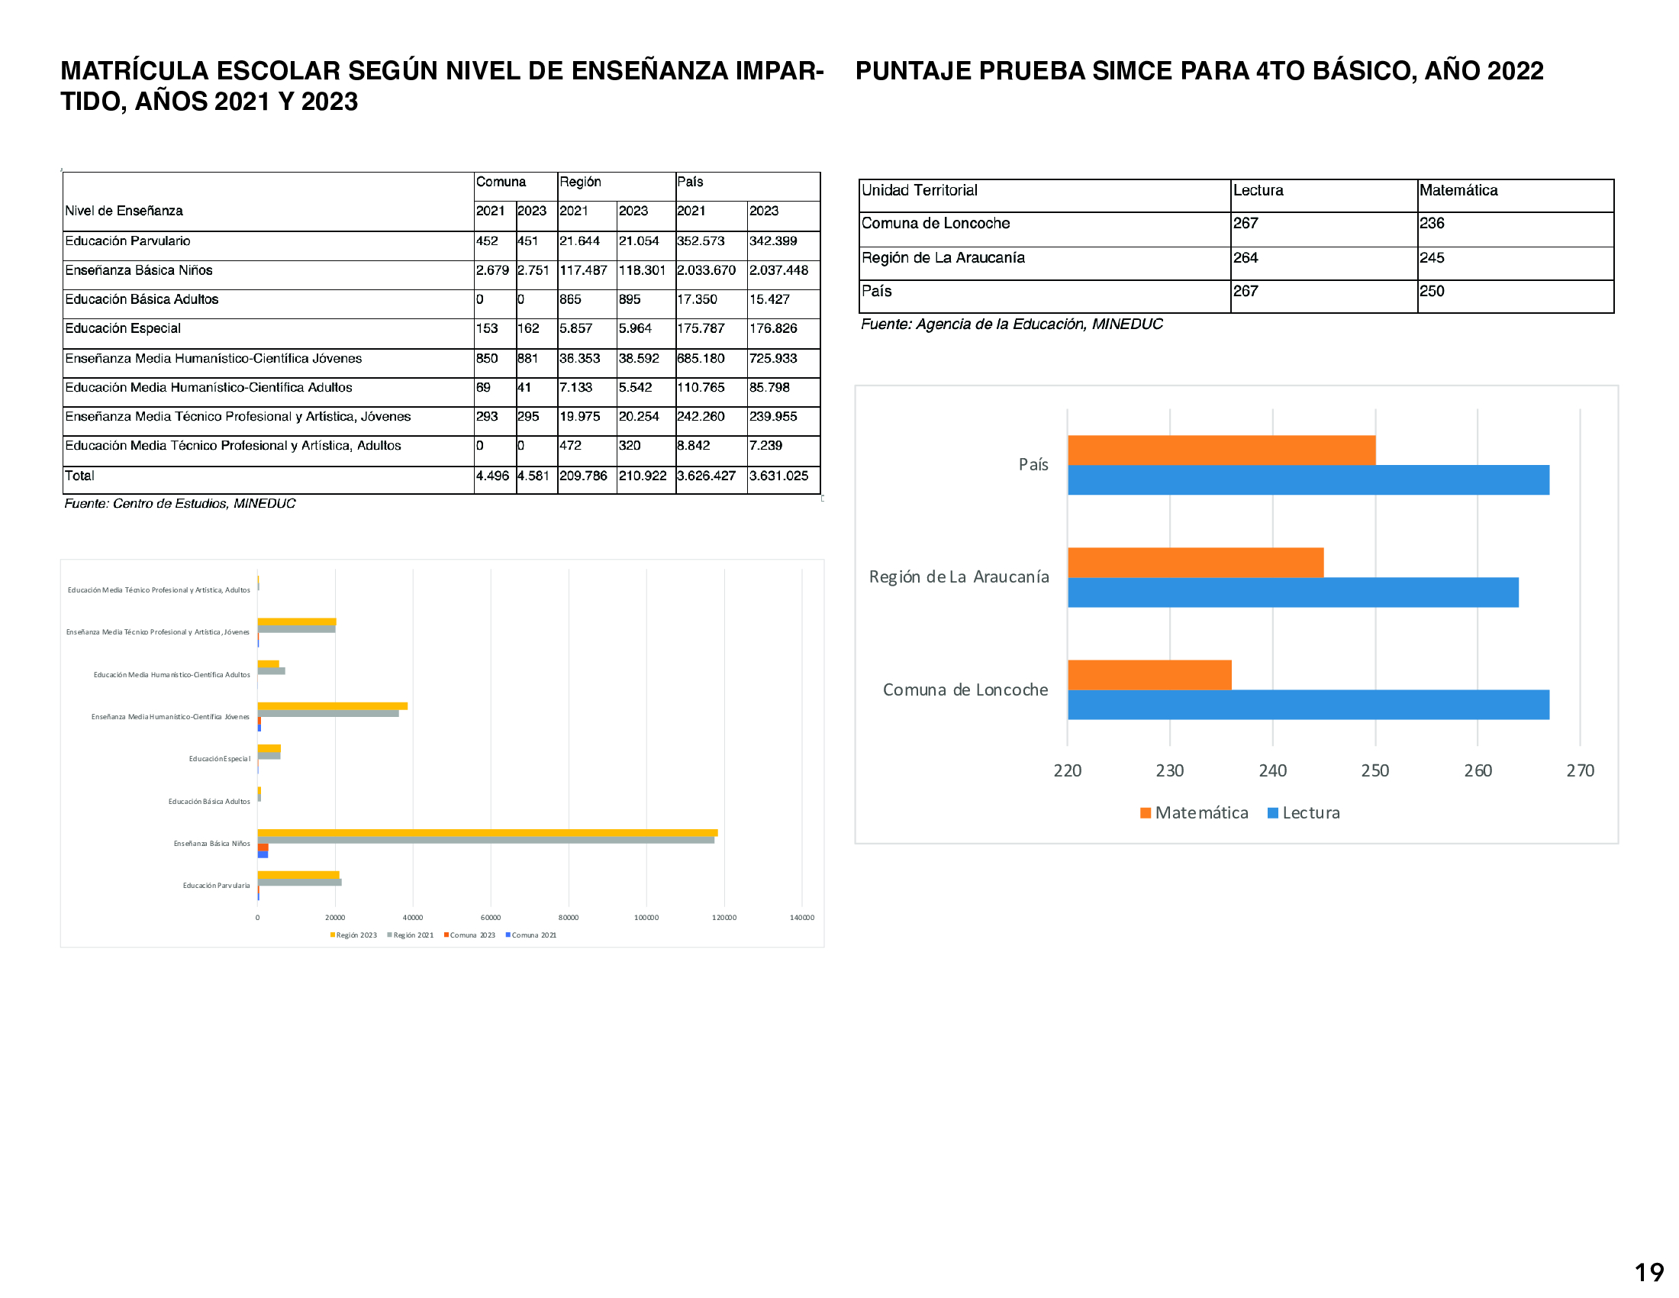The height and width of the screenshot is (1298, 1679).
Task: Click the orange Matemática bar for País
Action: point(1221,450)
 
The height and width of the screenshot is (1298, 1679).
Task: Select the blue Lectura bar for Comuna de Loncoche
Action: point(1307,705)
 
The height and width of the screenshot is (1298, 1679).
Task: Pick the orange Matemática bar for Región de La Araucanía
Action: point(1195,562)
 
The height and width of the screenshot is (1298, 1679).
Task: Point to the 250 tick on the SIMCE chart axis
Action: point(1374,770)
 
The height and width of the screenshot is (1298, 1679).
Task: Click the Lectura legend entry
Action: point(1304,813)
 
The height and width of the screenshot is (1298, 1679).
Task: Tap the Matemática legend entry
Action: point(1194,813)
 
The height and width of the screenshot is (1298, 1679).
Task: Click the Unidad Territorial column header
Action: point(920,191)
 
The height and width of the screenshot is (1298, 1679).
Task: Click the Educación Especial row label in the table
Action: point(123,328)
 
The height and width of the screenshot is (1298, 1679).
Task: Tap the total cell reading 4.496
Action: point(492,476)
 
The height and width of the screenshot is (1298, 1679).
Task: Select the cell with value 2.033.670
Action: point(707,271)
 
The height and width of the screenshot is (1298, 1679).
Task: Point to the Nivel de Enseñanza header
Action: point(124,211)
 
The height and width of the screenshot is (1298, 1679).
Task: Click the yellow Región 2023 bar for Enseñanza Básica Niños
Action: point(487,832)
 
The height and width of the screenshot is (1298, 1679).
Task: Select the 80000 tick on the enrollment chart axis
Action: point(568,917)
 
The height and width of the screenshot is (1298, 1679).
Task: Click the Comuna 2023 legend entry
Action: point(469,935)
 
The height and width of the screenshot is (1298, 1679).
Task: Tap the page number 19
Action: point(1648,1273)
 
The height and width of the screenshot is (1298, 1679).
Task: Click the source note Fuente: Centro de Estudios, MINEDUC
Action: point(180,504)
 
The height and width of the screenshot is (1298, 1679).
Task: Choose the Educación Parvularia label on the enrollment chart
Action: point(216,885)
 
